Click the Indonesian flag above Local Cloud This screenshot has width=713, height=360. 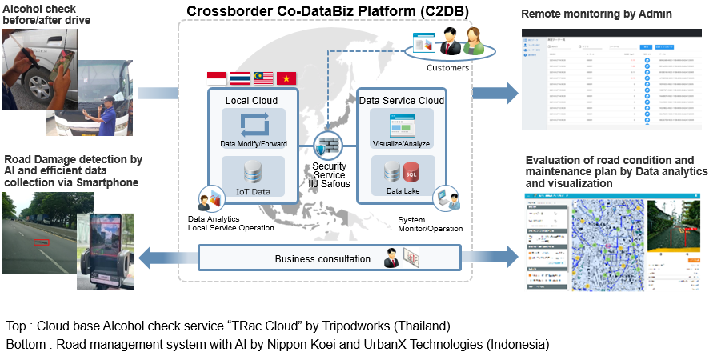pyautogui.click(x=217, y=78)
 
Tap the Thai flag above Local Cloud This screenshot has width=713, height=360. pyautogui.click(x=240, y=78)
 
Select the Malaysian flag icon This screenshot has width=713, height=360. pyautogui.click(x=263, y=78)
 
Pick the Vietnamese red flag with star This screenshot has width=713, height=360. pyautogui.click(x=286, y=78)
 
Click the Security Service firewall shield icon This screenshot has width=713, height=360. pyautogui.click(x=328, y=145)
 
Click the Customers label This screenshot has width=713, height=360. pyautogui.click(x=448, y=68)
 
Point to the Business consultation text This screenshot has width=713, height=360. pyautogui.click(x=322, y=259)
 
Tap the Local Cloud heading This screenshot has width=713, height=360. pyautogui.click(x=252, y=101)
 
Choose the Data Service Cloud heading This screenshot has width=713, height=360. pyautogui.click(x=402, y=101)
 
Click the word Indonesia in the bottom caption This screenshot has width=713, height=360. pyautogui.click(x=515, y=345)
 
